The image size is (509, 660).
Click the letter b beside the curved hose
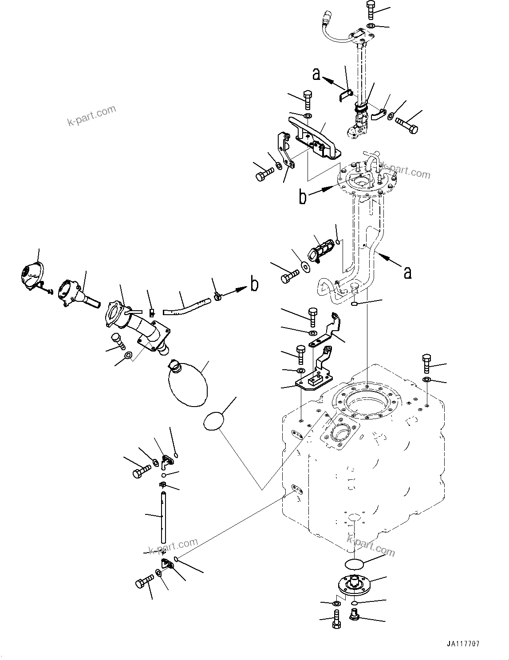(254, 285)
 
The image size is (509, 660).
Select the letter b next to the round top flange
(303, 197)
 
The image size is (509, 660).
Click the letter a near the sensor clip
(316, 74)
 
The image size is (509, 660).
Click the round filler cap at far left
(32, 277)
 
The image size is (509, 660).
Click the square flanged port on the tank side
(340, 431)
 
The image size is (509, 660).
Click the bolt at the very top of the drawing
(371, 10)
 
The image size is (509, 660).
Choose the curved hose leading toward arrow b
(187, 305)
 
